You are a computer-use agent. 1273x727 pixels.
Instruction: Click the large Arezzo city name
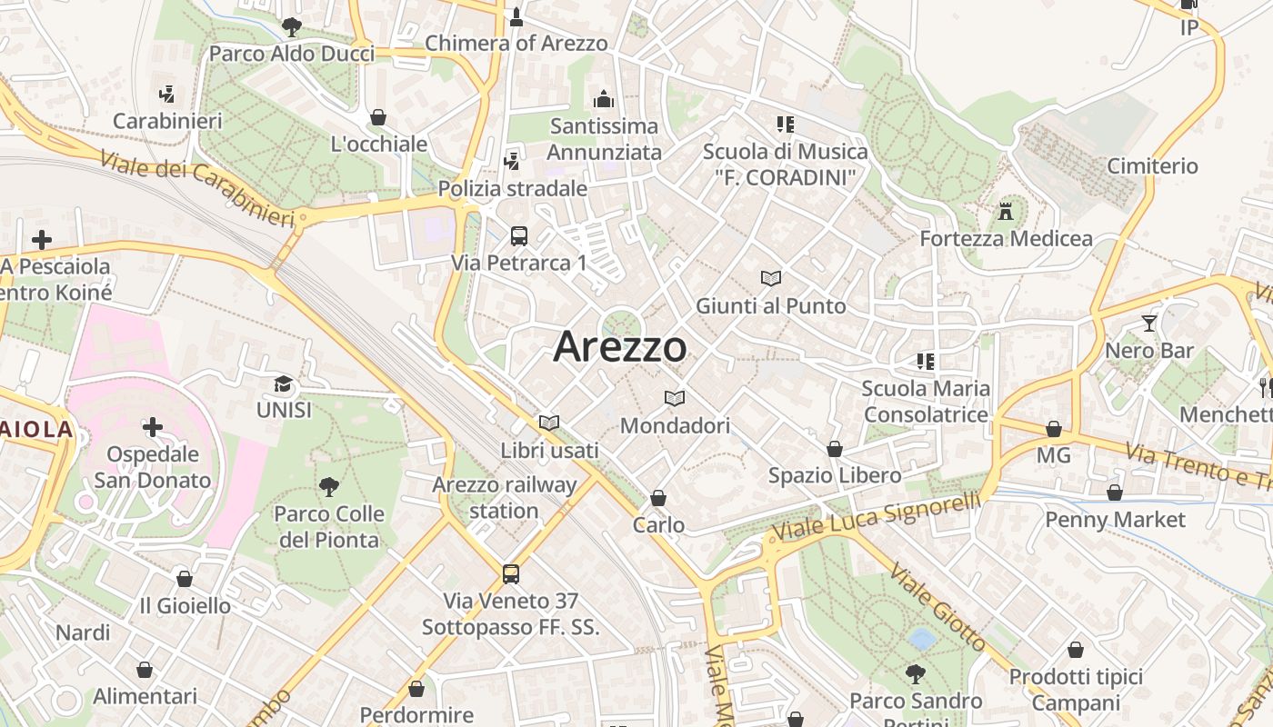tap(620, 346)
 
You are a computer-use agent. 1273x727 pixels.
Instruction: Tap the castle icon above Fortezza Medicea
tap(1006, 212)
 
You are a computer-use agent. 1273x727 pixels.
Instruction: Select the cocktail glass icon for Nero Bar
tap(1149, 323)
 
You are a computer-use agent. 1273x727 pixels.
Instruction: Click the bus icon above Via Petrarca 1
tap(519, 236)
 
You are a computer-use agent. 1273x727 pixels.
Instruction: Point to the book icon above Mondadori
tap(675, 398)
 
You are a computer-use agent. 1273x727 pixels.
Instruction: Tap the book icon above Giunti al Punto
tap(771, 278)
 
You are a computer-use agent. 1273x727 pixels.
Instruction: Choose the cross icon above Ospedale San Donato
tap(153, 426)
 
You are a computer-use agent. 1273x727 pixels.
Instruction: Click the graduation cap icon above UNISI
tap(284, 383)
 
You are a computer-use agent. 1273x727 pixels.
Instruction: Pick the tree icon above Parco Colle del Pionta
tap(328, 487)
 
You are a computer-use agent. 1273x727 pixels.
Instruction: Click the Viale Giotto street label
tap(937, 607)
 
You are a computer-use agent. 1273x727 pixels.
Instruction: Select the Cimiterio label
tap(1152, 166)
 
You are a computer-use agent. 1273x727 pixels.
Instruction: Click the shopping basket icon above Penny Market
tap(1115, 493)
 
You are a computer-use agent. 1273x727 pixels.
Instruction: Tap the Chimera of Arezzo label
tap(516, 43)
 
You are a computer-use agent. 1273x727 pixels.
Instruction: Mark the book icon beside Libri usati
tap(549, 423)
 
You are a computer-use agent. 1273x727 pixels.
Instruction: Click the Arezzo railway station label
tap(505, 497)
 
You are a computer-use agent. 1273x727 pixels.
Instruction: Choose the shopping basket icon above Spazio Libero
tap(835, 449)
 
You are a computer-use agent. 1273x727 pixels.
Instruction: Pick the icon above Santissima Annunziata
tap(604, 99)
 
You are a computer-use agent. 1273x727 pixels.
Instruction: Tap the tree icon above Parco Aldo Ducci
tap(291, 26)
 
